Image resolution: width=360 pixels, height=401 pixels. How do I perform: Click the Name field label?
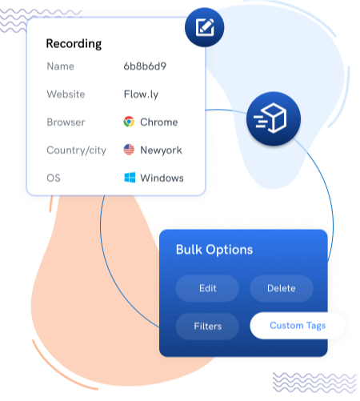[62, 66]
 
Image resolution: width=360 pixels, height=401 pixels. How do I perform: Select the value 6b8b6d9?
[145, 66]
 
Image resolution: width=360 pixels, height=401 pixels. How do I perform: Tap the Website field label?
[66, 94]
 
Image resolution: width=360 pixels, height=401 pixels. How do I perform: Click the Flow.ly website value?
[142, 94]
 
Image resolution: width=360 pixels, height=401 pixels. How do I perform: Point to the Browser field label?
[66, 122]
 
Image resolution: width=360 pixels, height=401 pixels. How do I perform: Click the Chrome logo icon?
[129, 122]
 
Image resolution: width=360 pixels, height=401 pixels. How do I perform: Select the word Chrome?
[159, 122]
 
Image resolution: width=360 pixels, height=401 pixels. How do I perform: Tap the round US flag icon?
[129, 150]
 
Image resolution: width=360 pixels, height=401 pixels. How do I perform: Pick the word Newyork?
[161, 150]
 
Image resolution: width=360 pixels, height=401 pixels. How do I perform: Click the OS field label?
[54, 178]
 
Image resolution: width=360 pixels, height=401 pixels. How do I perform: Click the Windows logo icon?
[129, 178]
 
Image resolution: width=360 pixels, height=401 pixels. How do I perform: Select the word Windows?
[162, 178]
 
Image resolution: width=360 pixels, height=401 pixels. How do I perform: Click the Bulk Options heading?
[214, 250]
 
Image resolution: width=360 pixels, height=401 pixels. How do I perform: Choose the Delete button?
[281, 288]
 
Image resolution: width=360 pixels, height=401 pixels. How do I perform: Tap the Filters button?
[207, 327]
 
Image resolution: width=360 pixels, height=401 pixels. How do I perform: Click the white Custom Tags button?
[298, 326]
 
